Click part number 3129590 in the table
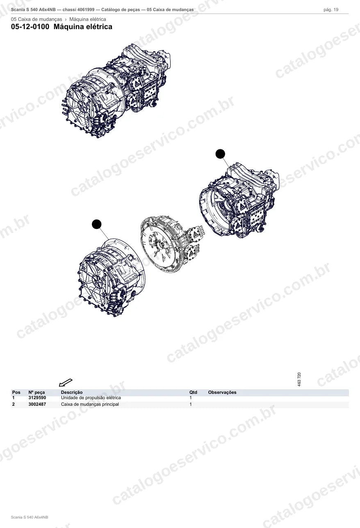37,398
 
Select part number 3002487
37,404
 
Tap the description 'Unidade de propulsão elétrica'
91,398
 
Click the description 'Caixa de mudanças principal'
90,404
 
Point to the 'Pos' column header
16,392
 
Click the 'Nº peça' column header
36,392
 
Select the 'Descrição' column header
72,392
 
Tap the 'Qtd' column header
193,392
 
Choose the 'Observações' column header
222,392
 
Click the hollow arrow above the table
66,382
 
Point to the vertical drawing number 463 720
299,379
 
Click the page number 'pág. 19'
331,10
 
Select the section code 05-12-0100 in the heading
30,27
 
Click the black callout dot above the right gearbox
220,154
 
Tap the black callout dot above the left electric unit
97,224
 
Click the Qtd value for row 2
191,404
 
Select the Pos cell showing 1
14,398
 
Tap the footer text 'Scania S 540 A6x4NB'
30,517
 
